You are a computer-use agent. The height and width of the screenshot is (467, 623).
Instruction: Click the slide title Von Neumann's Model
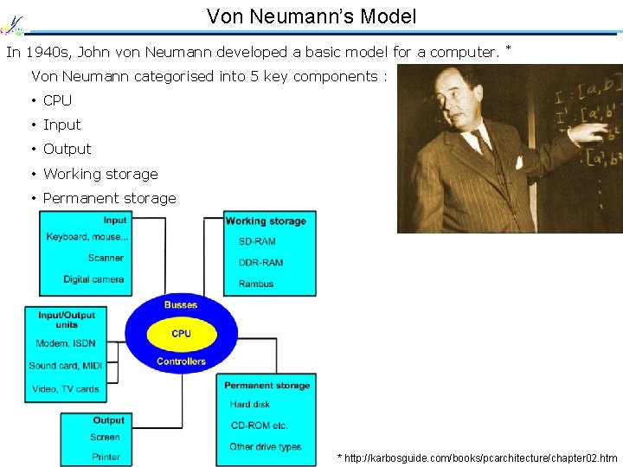(311, 16)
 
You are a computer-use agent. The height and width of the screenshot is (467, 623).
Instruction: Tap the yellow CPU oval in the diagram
(182, 334)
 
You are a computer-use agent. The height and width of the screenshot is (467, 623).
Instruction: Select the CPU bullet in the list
(57, 100)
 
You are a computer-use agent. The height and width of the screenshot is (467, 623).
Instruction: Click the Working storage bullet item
(100, 174)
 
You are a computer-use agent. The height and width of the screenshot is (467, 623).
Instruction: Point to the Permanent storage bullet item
(109, 198)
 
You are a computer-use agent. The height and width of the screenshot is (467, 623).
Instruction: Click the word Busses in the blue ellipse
(181, 304)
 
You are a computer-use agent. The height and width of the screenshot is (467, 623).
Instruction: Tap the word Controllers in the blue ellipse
(181, 361)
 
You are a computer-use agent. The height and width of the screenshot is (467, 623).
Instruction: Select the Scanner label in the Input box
(106, 258)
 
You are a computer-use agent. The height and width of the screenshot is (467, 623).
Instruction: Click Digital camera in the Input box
(93, 279)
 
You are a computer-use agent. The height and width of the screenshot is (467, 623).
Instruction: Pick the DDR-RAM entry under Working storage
(260, 262)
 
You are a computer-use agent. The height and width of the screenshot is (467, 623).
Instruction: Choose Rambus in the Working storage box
(255, 284)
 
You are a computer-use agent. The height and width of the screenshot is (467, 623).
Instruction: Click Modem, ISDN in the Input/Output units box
(65, 343)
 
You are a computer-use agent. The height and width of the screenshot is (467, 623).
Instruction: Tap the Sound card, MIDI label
(65, 366)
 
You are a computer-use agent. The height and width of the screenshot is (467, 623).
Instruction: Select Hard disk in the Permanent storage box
(250, 404)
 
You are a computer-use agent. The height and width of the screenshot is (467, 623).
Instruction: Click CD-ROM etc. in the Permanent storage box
(259, 425)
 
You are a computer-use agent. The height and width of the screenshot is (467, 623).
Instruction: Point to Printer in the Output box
(106, 457)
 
